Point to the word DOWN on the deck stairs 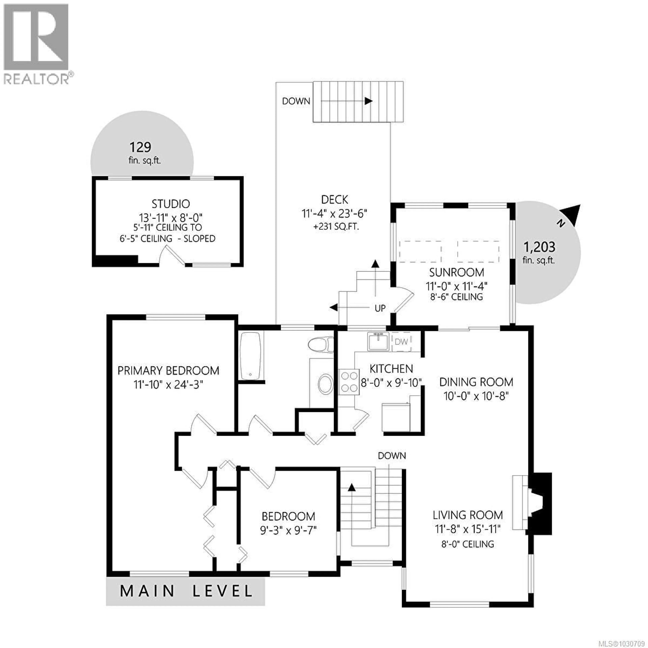pos(296,101)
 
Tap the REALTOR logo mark pos(36,38)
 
